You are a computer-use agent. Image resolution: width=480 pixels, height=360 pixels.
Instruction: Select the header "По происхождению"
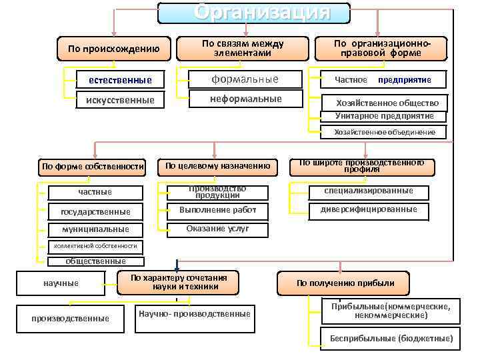[114, 48]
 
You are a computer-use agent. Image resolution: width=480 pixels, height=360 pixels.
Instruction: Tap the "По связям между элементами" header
[243, 48]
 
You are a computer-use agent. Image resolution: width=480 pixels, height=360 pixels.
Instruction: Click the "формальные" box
[245, 79]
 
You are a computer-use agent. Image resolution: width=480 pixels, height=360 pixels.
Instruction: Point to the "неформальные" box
[245, 99]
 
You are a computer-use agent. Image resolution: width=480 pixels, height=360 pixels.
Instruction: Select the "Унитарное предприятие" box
[384, 116]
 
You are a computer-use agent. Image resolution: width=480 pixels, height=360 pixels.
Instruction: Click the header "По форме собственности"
[93, 166]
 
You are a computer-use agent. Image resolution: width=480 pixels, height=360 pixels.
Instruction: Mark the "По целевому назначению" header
[217, 165]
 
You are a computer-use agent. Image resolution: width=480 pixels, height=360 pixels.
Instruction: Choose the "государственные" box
[95, 211]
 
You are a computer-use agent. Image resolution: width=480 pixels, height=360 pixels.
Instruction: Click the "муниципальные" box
[95, 229]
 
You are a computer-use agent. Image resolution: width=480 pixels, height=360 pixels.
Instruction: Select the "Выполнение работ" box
[217, 210]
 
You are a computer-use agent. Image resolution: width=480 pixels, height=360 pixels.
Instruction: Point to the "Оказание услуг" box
[217, 229]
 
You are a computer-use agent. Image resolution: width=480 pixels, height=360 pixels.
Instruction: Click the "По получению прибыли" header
[345, 283]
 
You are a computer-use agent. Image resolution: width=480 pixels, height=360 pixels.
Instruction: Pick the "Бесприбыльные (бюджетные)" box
[391, 338]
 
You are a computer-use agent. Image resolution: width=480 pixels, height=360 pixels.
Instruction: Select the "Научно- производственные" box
[193, 314]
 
